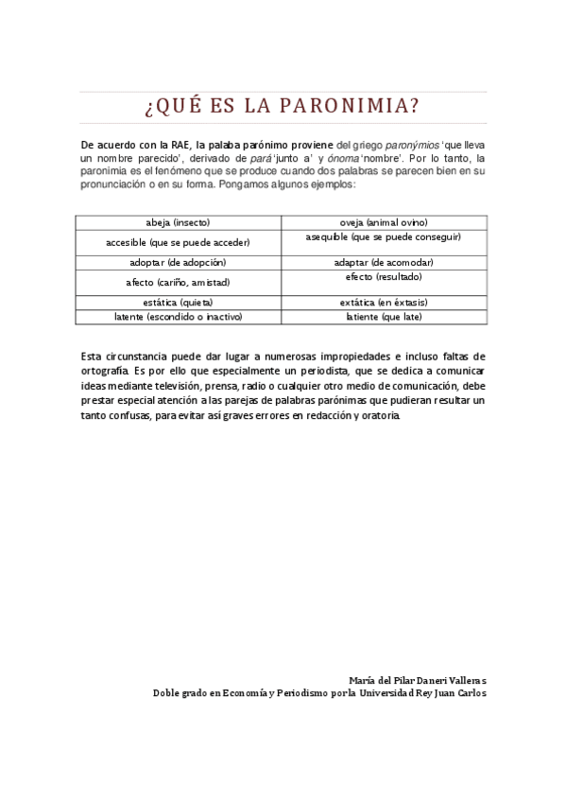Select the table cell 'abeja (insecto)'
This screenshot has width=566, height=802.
pos(178,222)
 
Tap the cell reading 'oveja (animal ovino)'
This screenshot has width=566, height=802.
pos(384,222)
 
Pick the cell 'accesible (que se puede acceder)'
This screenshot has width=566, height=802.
pos(178,242)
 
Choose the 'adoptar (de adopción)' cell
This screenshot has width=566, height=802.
pos(178,262)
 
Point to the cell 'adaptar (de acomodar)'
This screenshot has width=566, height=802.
pos(384,262)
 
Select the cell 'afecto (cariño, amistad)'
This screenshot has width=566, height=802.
pos(178,282)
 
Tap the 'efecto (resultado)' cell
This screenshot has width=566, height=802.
pos(384,277)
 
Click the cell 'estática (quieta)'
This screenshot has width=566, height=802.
pos(178,303)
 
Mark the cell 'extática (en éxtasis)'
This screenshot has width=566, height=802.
pos(384,303)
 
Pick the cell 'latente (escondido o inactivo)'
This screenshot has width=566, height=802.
pos(178,317)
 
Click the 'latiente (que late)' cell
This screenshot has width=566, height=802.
pos(384,317)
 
